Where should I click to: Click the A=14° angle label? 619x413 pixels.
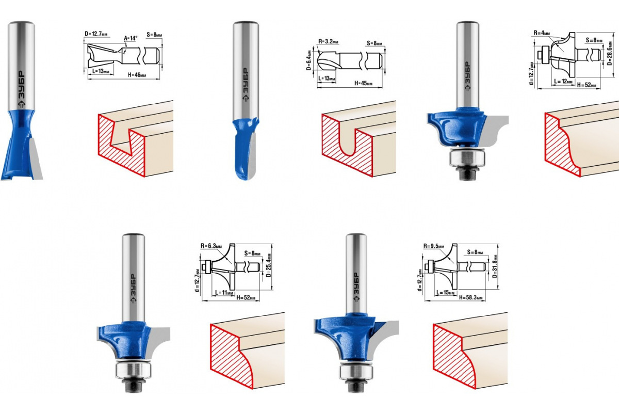pos(131,38)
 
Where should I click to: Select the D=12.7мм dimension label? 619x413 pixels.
pos(95,34)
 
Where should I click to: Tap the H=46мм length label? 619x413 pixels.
pos(137,75)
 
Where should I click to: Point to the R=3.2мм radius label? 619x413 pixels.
pos(328,41)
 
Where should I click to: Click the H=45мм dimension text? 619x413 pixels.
pos(363,83)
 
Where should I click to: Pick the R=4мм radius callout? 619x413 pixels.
pos(542,33)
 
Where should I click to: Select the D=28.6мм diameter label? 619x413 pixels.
pos(610,53)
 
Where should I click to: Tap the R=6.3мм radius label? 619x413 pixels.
pos(211,246)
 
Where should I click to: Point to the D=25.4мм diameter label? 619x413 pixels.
pos(269,265)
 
